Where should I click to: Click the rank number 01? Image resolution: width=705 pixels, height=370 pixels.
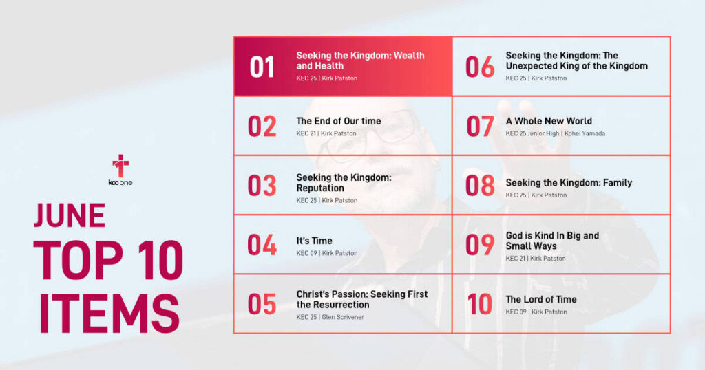point(262,67)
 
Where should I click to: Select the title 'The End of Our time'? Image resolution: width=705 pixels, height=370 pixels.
point(339,121)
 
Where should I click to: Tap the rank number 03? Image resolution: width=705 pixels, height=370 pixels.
point(262,186)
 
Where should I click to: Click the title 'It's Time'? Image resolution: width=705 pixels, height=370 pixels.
point(314,241)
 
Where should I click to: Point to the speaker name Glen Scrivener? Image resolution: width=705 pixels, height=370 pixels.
point(343,317)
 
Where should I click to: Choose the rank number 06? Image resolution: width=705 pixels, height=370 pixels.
point(480,67)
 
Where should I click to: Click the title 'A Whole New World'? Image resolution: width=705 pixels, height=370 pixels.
point(549,121)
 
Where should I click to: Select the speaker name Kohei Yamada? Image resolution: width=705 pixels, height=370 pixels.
point(585,134)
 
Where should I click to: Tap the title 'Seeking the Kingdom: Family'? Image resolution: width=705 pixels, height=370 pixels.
point(569,183)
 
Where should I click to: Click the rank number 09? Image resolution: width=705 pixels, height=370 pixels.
point(480,245)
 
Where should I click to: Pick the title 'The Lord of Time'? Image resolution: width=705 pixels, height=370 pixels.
point(541,299)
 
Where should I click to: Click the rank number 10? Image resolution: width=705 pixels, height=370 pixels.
point(479,305)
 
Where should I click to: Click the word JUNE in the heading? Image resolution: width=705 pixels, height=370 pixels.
point(70,215)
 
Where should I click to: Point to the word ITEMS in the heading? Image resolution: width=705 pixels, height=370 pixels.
point(109,314)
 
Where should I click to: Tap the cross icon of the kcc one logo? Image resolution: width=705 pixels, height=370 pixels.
point(120,166)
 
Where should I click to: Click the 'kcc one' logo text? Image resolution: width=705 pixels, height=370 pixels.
point(120,183)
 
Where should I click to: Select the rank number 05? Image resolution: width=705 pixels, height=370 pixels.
point(262,305)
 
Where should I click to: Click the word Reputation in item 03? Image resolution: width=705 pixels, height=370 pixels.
point(320,188)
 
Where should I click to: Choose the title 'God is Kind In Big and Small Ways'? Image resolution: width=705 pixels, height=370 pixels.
point(552,241)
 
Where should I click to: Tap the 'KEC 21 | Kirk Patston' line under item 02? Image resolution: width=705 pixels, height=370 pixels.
point(326,134)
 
